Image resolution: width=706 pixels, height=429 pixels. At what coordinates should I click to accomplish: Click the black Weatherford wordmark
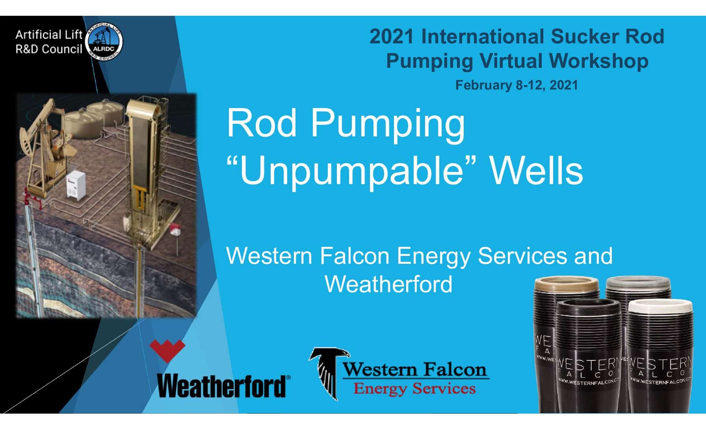tap(223, 385)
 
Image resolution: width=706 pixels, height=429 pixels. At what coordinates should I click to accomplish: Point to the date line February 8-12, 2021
tap(516, 85)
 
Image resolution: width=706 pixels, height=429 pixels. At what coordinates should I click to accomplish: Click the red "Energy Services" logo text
tap(414, 388)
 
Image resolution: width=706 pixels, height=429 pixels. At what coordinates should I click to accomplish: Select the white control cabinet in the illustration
tap(77, 185)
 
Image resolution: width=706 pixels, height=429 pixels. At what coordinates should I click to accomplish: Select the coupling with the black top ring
tap(589, 357)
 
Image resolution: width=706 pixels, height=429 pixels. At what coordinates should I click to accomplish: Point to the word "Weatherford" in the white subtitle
tap(388, 284)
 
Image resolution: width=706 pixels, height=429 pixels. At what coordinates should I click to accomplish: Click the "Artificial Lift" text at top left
tap(49, 35)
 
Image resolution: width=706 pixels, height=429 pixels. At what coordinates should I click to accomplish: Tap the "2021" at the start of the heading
tap(392, 36)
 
